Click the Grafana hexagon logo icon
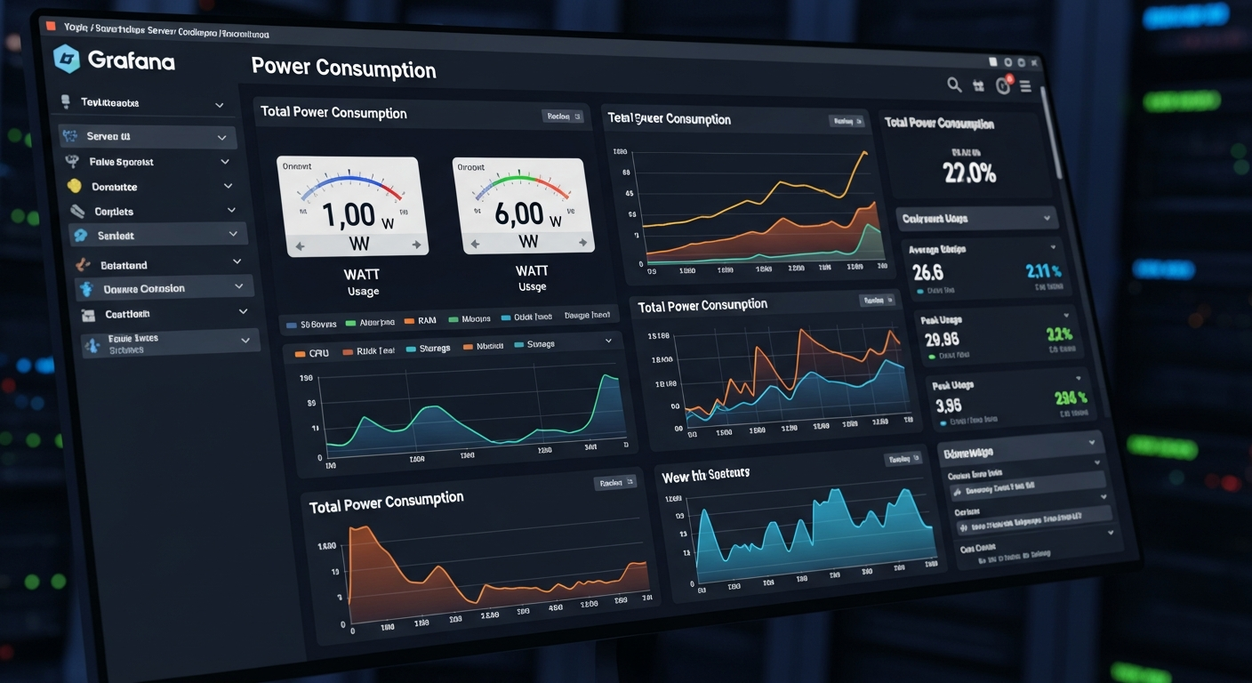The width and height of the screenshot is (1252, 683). [x=68, y=59]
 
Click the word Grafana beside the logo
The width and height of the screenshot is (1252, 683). [x=131, y=61]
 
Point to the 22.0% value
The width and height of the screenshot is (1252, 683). [x=969, y=173]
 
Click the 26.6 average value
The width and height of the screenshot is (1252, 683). [x=927, y=271]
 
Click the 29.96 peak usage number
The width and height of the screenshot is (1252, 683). [x=942, y=339]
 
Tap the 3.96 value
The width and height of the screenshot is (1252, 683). [x=948, y=406]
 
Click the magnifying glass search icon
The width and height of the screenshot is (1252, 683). [x=954, y=84]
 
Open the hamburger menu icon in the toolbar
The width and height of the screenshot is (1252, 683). [x=1025, y=86]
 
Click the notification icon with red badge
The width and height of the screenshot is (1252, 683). [x=1003, y=85]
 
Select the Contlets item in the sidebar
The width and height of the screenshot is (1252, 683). [x=114, y=212]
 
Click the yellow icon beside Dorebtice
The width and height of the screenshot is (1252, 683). [x=75, y=187]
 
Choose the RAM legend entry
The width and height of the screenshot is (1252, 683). [x=426, y=320]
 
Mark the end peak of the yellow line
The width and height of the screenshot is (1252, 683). [x=863, y=153]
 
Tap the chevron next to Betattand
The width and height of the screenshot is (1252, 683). [x=237, y=261]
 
